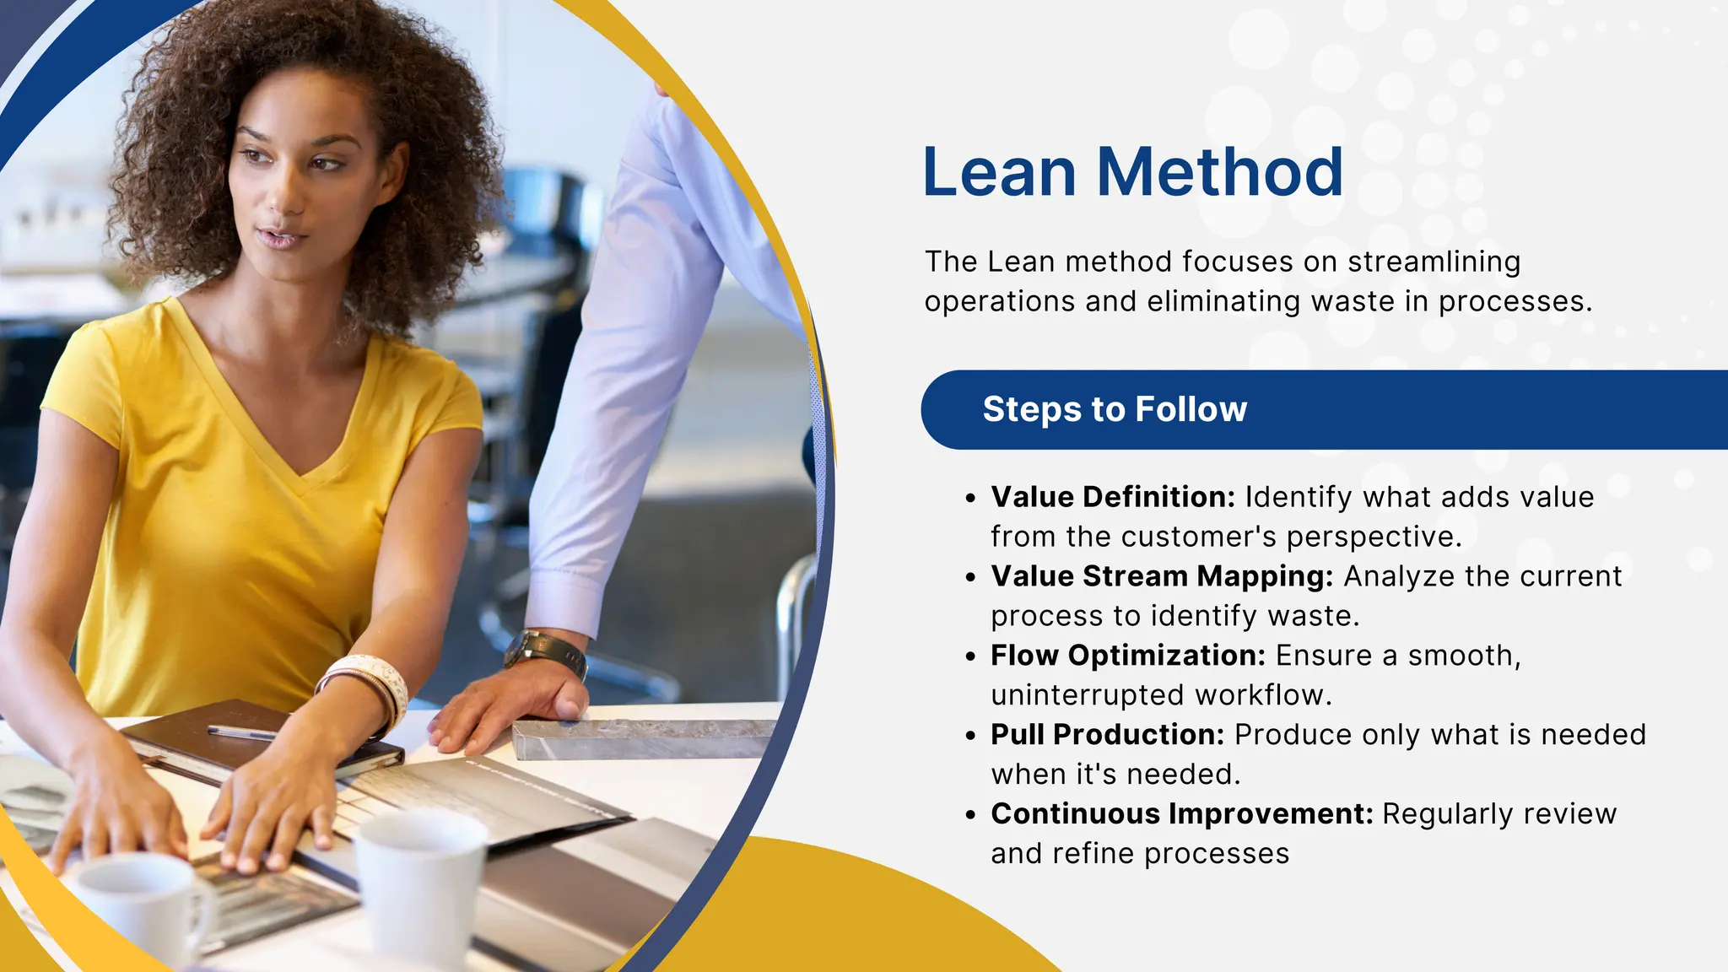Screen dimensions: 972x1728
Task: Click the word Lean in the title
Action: tap(999, 172)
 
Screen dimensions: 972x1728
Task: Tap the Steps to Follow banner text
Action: tap(1114, 409)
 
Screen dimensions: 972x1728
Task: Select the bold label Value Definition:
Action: tap(1112, 497)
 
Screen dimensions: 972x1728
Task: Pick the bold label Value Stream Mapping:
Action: tap(1162, 576)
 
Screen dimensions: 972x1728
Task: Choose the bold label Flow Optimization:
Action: tap(1128, 656)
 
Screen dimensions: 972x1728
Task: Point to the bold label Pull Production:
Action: tap(1107, 735)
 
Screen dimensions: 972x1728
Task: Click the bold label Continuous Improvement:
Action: tap(1181, 814)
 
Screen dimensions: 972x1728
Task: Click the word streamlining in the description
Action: tap(1434, 262)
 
